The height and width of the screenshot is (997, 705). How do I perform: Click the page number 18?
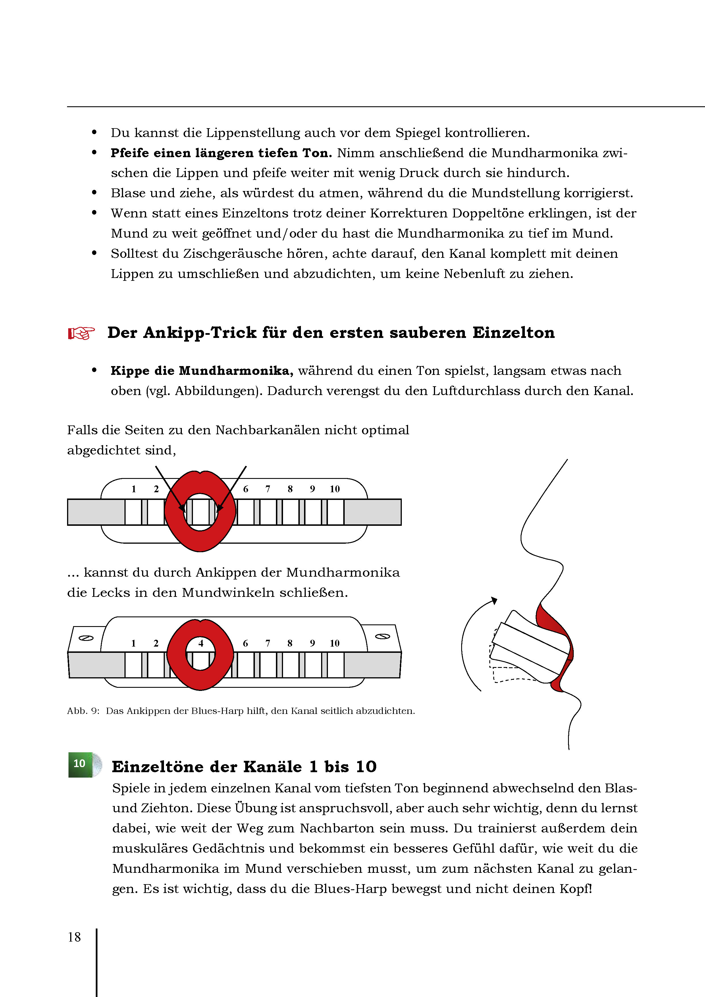(74, 937)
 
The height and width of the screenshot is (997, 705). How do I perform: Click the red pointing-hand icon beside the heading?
(81, 333)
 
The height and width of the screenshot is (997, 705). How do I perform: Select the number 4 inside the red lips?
(201, 643)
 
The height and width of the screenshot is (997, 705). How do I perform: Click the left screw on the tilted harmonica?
(86, 638)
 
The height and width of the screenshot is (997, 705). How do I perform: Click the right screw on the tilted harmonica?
(382, 636)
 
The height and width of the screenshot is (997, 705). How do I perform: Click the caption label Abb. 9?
(83, 711)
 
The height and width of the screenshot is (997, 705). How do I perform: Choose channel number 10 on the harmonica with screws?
(334, 643)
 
